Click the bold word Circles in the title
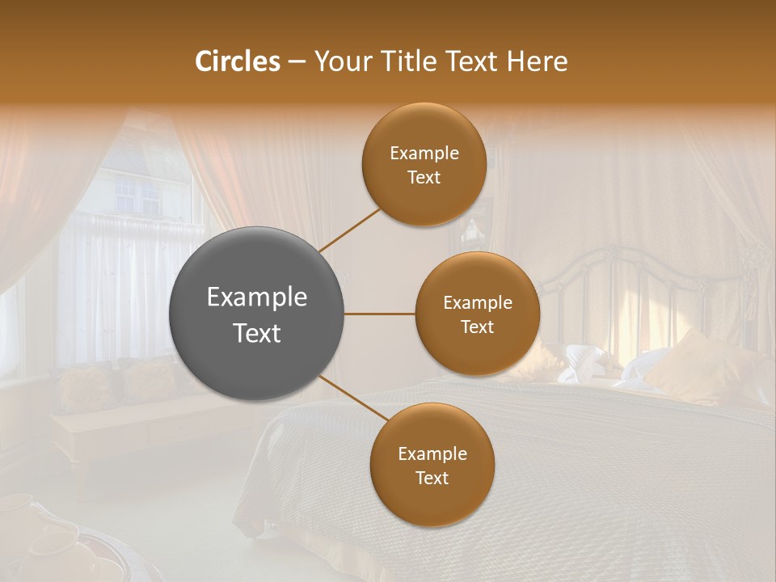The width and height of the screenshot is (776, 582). click(238, 61)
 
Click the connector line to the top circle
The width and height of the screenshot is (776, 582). click(350, 230)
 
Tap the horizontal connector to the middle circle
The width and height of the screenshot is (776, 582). click(380, 314)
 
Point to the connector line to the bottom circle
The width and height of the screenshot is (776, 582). click(354, 398)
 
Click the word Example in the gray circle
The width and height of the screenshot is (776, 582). click(257, 297)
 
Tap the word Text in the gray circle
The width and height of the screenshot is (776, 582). click(257, 333)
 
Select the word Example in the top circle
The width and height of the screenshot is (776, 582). click(424, 154)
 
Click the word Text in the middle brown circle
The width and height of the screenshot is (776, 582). click(477, 327)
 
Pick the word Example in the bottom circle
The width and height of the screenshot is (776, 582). click(432, 454)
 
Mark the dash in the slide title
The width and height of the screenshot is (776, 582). click(297, 62)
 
